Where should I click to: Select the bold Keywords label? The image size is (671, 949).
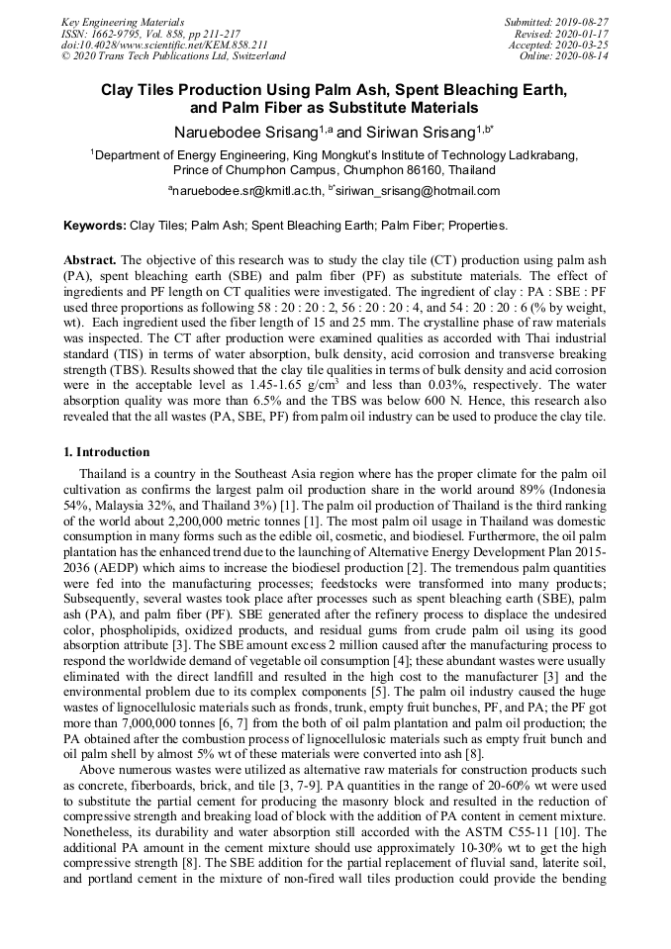click(95, 226)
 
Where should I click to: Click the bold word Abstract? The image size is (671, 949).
click(90, 259)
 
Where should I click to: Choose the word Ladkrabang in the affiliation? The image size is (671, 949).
click(540, 155)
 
